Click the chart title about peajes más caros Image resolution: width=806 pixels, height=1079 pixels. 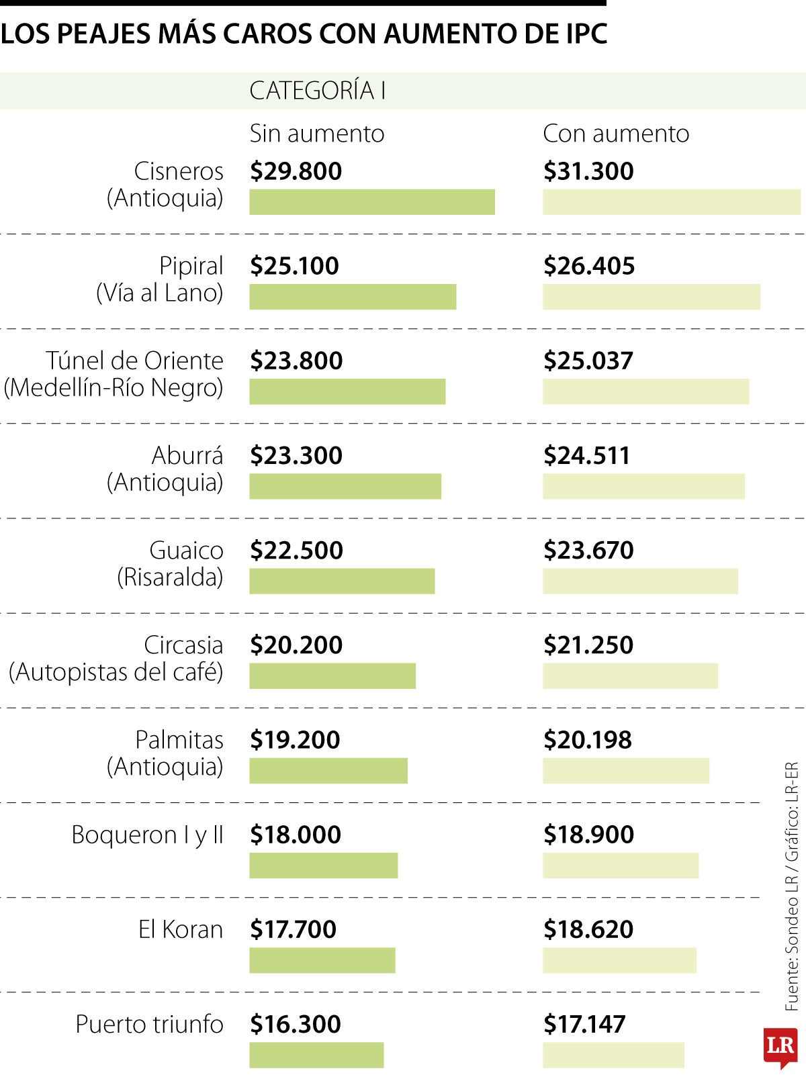tap(304, 33)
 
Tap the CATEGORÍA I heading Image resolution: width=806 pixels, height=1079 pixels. tap(317, 91)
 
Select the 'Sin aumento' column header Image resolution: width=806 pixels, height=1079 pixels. tap(316, 134)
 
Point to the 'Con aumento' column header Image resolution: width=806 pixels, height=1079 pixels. tap(615, 134)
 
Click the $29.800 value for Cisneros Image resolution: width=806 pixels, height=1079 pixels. tap(296, 171)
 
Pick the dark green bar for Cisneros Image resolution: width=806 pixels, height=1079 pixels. tap(371, 202)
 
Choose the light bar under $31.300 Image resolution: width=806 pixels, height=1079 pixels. tap(671, 202)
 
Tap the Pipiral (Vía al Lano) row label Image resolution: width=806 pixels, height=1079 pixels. tap(160, 279)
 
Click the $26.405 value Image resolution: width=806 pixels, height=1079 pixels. tap(588, 266)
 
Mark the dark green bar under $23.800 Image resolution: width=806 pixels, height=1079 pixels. tap(347, 391)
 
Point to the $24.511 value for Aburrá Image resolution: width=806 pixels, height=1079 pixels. tap(586, 455)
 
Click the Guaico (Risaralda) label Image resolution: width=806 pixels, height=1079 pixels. tap(170, 563)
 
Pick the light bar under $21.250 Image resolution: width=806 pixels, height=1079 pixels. tap(630, 676)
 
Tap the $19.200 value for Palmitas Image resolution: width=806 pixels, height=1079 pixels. tap(295, 740)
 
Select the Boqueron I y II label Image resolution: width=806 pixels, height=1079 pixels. tap(147, 835)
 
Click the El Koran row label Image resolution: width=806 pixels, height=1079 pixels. tap(180, 929)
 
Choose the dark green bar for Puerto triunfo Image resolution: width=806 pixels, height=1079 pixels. tap(316, 1055)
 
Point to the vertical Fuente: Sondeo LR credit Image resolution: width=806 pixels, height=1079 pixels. tap(792, 886)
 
